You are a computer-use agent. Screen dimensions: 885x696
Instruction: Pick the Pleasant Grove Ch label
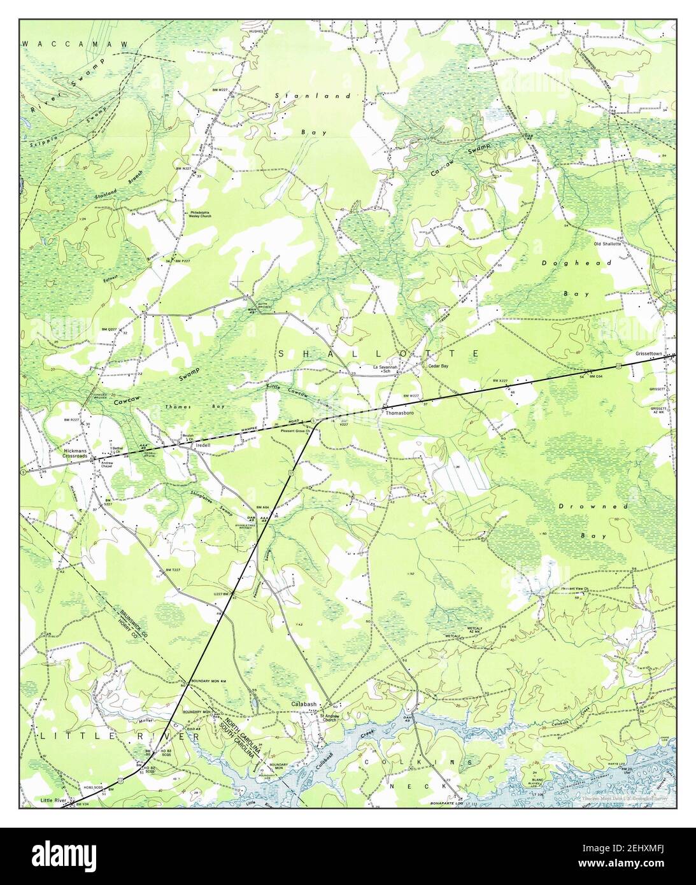294,431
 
